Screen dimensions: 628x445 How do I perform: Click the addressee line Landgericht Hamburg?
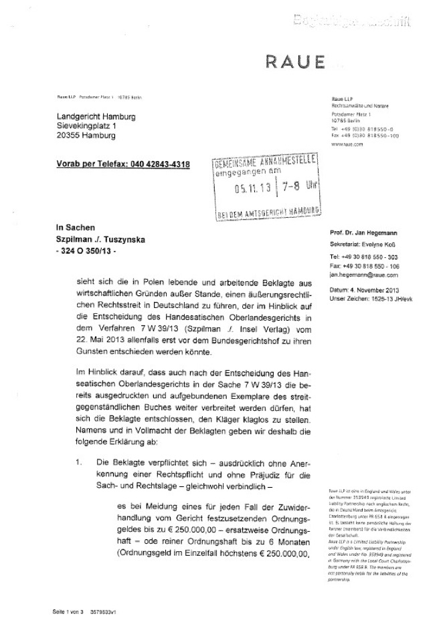pyautogui.click(x=96, y=116)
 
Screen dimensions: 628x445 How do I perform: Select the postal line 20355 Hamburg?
pyautogui.click(x=86, y=135)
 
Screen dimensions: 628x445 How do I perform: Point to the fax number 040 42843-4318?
pyautogui.click(x=155, y=164)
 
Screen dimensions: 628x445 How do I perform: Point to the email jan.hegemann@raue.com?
pyautogui.click(x=365, y=292)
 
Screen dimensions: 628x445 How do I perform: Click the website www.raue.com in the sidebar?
pyautogui.click(x=347, y=144)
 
